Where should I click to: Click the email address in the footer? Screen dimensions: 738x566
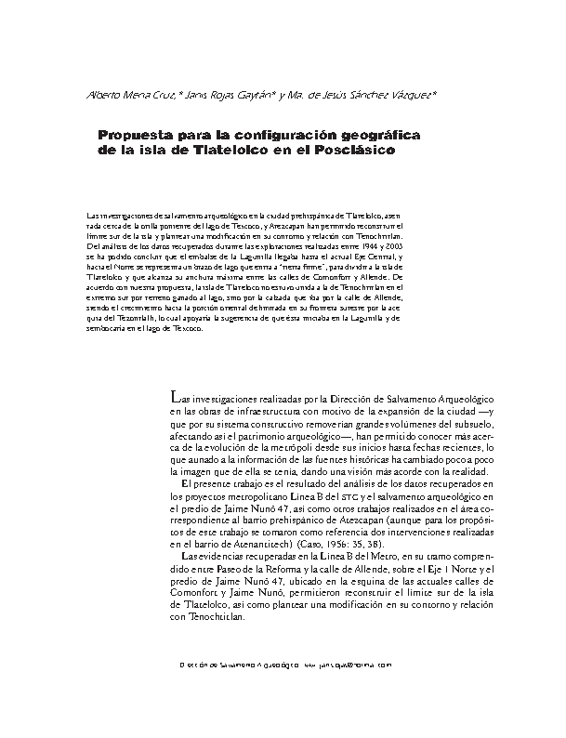click(x=357, y=666)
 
